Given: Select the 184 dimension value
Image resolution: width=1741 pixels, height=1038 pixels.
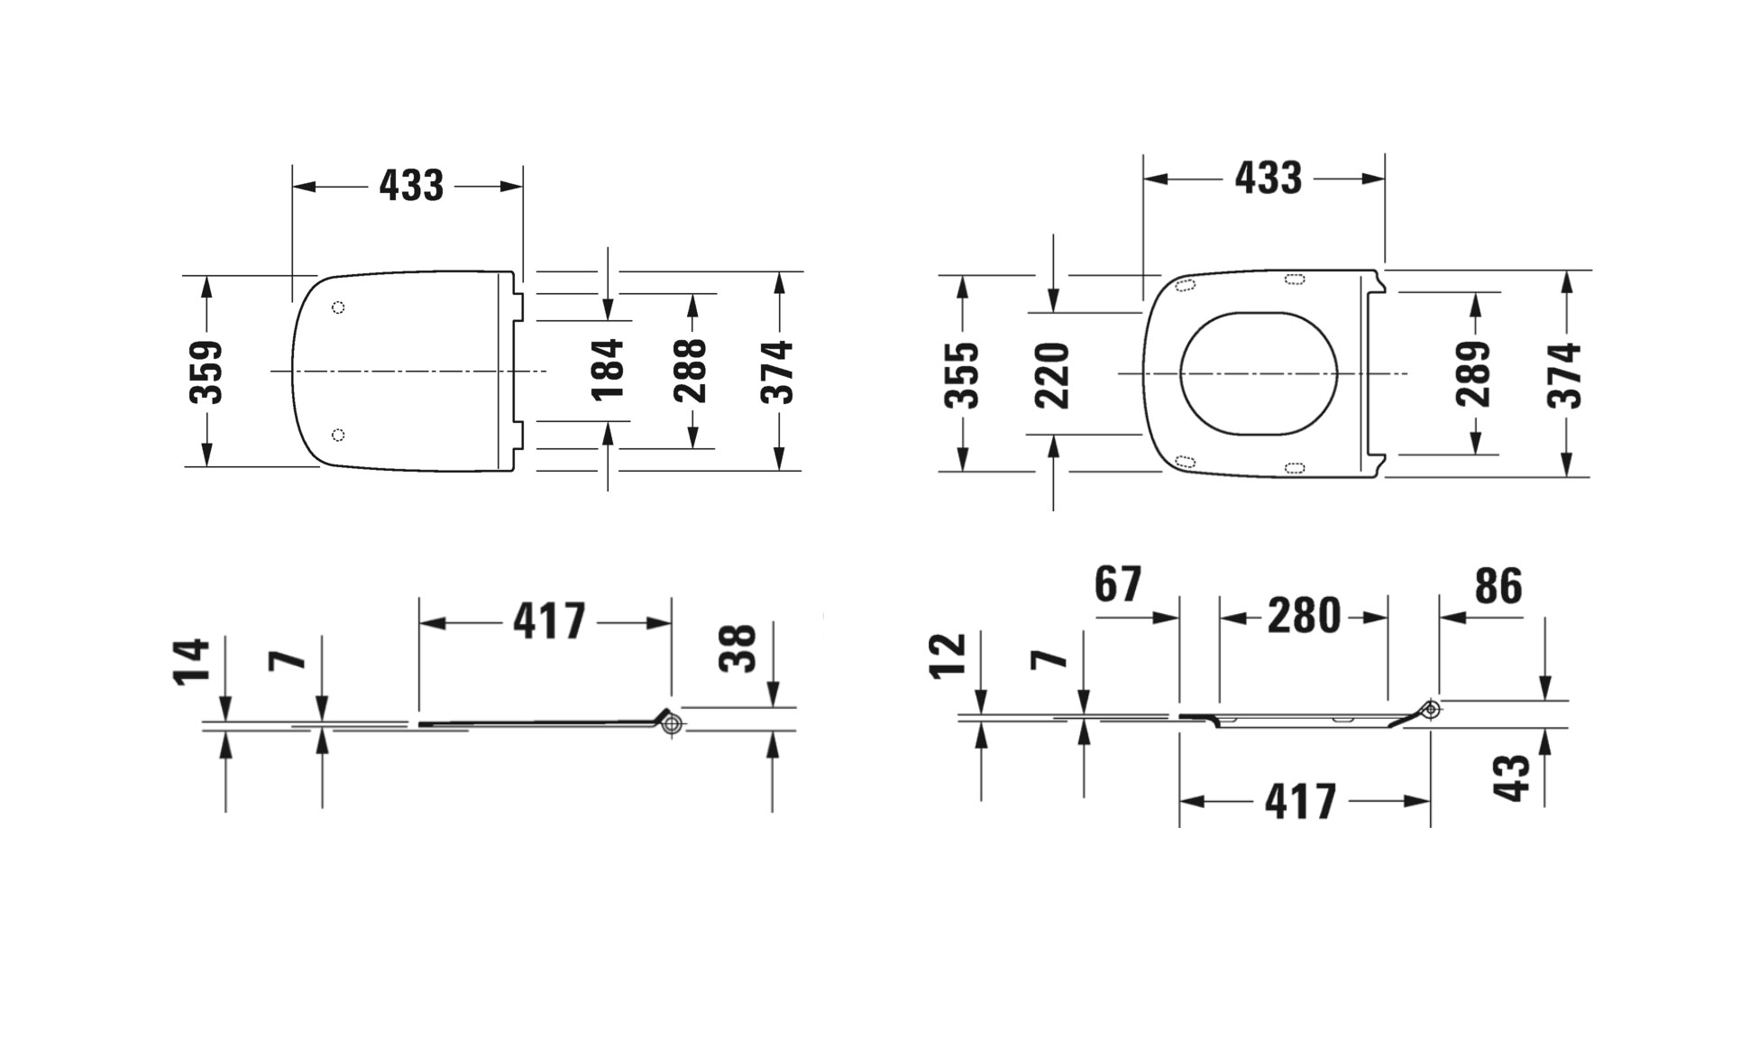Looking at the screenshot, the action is tap(608, 369).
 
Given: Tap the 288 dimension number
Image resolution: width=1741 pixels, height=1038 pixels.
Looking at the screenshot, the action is tap(691, 370).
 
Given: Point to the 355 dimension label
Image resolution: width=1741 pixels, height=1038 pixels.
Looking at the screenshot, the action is tap(962, 375).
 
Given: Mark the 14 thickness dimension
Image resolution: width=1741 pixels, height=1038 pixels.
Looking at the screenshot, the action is tap(192, 662).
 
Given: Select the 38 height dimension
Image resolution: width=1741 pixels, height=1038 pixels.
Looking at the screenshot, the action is tap(738, 648).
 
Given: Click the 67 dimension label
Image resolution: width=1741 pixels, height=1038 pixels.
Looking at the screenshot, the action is tap(1118, 584).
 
